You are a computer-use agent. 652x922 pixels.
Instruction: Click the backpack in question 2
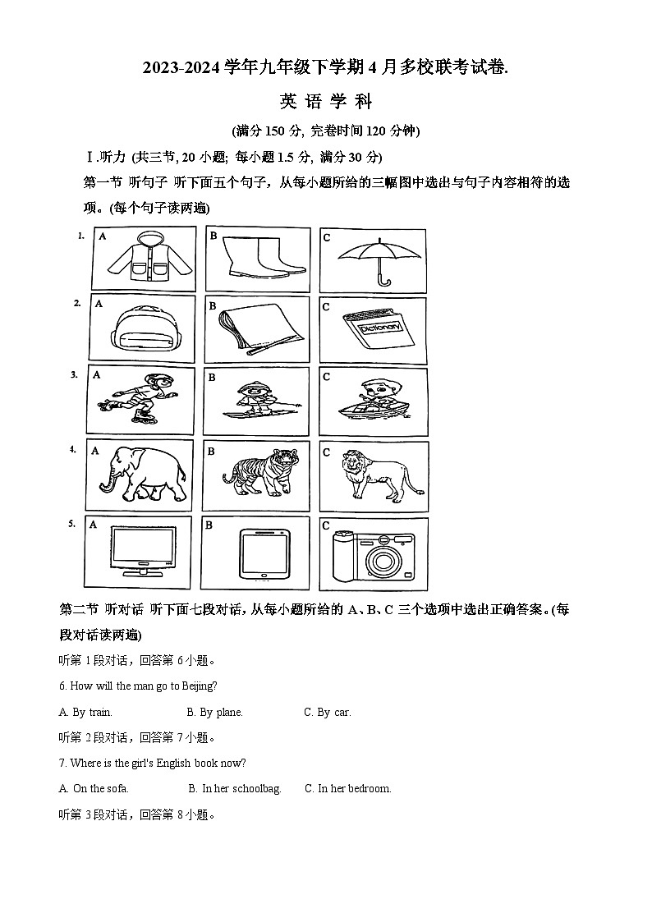point(141,331)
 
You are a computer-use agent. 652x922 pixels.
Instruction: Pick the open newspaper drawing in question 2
point(255,331)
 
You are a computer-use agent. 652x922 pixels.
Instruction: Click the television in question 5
point(143,551)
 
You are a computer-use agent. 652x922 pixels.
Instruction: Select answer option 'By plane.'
point(214,712)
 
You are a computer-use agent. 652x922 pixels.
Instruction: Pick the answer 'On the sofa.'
point(94,788)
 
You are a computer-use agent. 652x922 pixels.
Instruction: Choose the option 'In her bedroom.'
point(347,788)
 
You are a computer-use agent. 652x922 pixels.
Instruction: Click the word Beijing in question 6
point(195,686)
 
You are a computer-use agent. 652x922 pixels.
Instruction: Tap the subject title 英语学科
point(326,102)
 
